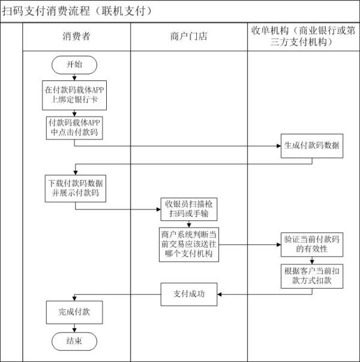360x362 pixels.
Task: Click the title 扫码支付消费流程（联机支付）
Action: click(x=78, y=11)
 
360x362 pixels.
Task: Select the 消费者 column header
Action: click(x=76, y=37)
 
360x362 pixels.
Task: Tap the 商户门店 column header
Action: click(x=188, y=37)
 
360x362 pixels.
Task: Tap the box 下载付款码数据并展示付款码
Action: click(x=74, y=188)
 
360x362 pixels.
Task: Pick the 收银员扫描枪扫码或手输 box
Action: click(x=188, y=209)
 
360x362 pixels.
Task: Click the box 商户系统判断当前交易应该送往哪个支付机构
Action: click(x=188, y=244)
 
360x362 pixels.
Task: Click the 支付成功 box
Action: click(x=188, y=294)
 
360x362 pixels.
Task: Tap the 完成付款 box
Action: click(x=74, y=312)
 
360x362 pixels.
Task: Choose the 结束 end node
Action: click(x=74, y=341)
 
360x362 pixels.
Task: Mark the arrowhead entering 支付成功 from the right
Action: click(x=220, y=294)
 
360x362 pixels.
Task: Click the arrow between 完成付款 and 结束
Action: click(x=74, y=327)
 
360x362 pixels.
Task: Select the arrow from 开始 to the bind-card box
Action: click(x=74, y=77)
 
